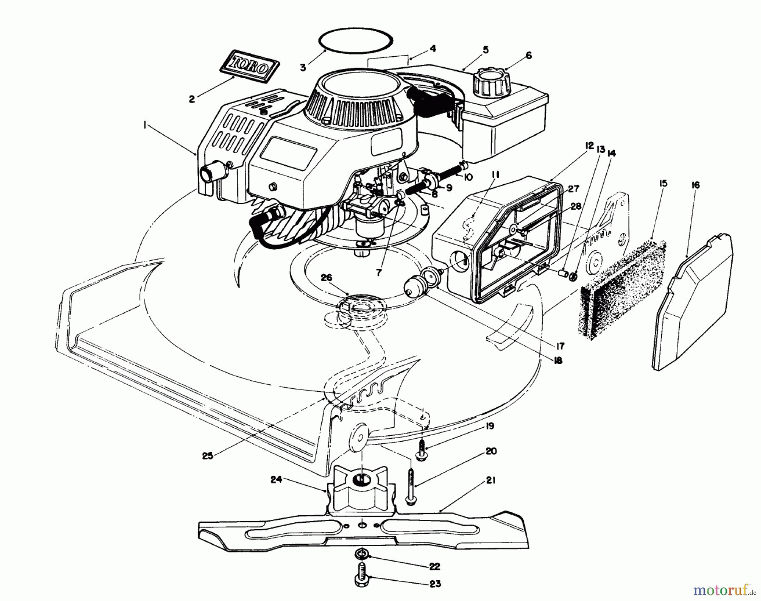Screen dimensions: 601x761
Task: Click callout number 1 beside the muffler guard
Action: click(x=145, y=125)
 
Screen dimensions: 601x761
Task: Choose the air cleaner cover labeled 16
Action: click(x=693, y=300)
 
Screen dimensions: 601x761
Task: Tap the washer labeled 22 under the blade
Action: click(x=361, y=565)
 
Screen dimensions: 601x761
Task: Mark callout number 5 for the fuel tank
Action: click(x=485, y=50)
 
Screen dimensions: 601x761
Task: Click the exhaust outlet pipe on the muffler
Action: click(x=208, y=174)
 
